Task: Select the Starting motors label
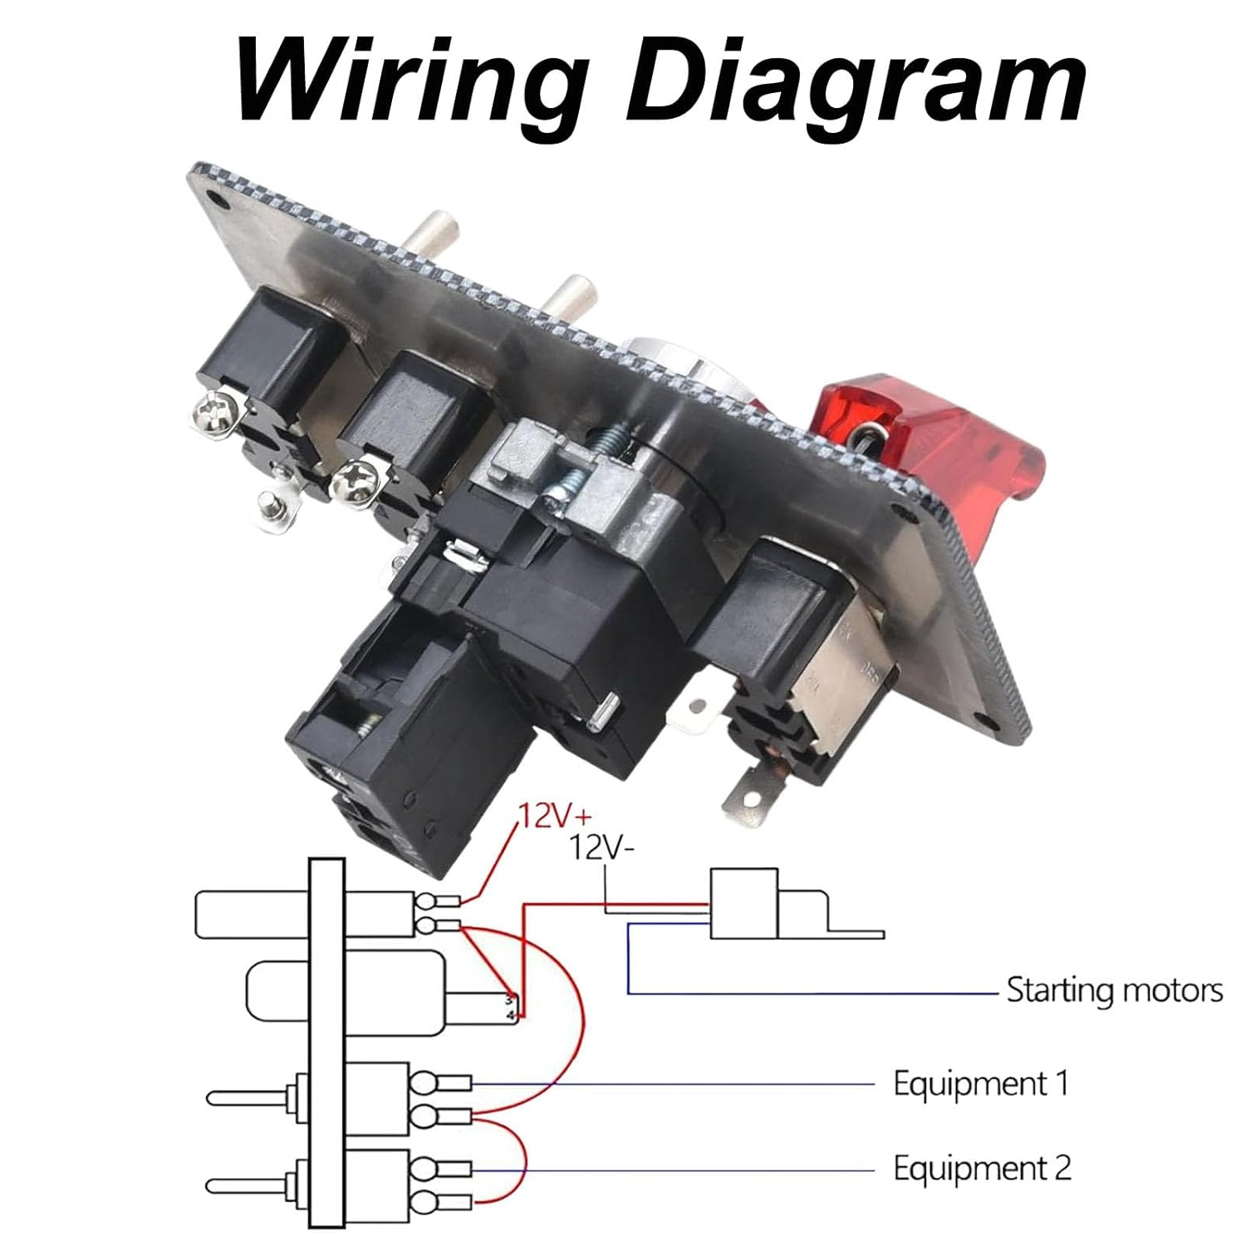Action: pyautogui.click(x=1114, y=990)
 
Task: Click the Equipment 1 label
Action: pyautogui.click(x=980, y=1084)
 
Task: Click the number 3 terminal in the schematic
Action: pyautogui.click(x=510, y=999)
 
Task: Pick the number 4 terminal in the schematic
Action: pyautogui.click(x=510, y=1015)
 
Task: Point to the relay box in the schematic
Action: pyautogui.click(x=744, y=904)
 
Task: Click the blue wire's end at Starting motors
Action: pyautogui.click(x=995, y=992)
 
